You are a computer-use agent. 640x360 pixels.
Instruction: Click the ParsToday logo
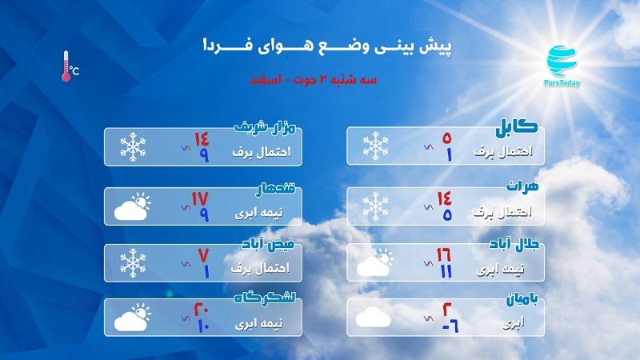[x=562, y=66]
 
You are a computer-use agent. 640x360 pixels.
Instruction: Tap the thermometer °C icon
[x=70, y=66]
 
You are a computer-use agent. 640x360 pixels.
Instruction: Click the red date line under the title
[x=313, y=79]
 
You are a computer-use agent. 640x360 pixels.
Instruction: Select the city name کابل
[x=517, y=127]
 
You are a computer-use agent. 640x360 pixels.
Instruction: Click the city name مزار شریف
[x=265, y=127]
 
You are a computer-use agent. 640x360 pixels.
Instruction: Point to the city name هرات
[x=522, y=186]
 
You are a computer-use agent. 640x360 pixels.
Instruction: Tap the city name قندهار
[x=275, y=190]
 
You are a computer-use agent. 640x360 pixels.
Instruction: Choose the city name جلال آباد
[x=514, y=244]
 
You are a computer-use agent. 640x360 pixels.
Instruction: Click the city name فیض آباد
[x=268, y=244]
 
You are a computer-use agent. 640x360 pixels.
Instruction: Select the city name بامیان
[x=522, y=299]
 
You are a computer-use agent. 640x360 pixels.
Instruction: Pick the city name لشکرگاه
[x=265, y=297]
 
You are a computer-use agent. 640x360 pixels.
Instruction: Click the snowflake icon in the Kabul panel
[x=375, y=146]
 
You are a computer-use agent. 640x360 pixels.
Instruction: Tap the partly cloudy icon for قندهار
[x=132, y=206]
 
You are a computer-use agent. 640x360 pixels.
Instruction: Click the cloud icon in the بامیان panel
[x=373, y=317]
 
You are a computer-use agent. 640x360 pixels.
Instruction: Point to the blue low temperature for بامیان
[x=450, y=326]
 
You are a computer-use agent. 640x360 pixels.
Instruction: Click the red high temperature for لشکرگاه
[x=202, y=310]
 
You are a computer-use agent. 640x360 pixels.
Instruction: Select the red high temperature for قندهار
[x=201, y=198]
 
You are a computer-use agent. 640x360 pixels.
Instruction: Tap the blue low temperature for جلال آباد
[x=446, y=271]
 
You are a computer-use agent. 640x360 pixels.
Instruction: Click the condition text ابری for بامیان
[x=513, y=324]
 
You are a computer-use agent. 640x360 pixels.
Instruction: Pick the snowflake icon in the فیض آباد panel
[x=133, y=263]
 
